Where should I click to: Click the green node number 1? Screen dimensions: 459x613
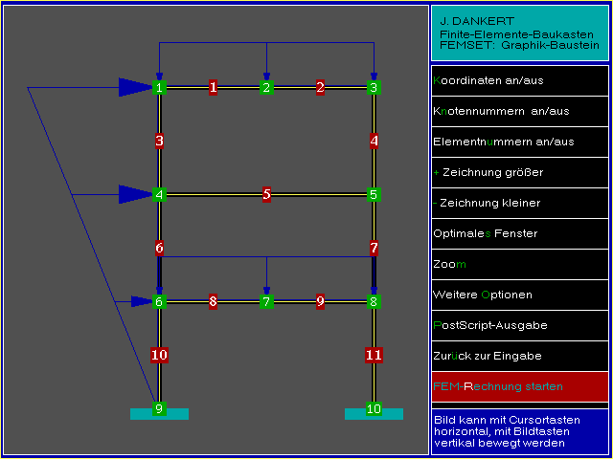click(159, 88)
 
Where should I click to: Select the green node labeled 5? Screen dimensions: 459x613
click(374, 195)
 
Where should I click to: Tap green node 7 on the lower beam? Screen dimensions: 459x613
click(266, 302)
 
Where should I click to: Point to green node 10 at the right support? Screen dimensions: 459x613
click(374, 409)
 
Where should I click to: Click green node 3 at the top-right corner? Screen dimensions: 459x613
click(374, 88)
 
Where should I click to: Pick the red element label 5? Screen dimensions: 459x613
click(266, 195)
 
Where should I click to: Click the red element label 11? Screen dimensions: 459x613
click(374, 356)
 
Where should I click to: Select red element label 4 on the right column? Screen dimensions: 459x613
click(374, 142)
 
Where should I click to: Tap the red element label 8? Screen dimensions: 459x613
click(213, 302)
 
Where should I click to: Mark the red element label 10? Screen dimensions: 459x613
click(159, 356)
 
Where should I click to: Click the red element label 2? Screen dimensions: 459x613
click(320, 88)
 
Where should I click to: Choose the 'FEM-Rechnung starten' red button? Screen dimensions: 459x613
click(519, 386)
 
